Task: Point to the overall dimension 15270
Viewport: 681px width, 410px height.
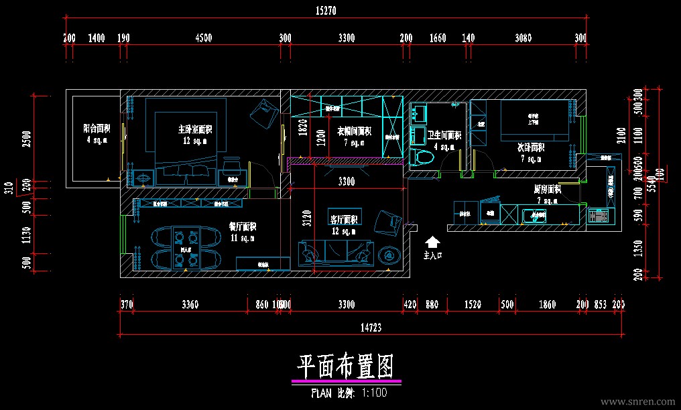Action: pyautogui.click(x=325, y=11)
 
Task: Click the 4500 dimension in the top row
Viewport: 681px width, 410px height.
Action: pyautogui.click(x=203, y=38)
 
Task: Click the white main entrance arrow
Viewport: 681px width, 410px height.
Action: pyautogui.click(x=433, y=242)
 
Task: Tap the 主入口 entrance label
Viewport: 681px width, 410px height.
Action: pyautogui.click(x=433, y=255)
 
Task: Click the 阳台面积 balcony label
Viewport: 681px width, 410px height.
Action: pyautogui.click(x=97, y=128)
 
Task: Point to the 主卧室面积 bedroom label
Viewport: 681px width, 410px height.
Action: pyautogui.click(x=194, y=129)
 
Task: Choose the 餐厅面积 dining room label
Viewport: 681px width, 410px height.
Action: pyautogui.click(x=243, y=226)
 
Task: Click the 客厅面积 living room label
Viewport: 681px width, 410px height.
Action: pyautogui.click(x=344, y=219)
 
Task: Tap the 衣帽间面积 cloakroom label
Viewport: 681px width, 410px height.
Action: pyautogui.click(x=353, y=131)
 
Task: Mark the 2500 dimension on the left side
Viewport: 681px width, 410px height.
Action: pyautogui.click(x=26, y=139)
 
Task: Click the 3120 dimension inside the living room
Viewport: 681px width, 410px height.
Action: pyautogui.click(x=307, y=220)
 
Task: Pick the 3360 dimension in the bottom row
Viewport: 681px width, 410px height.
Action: pyautogui.click(x=190, y=305)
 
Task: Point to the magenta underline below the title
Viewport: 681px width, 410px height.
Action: pyautogui.click(x=346, y=381)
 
